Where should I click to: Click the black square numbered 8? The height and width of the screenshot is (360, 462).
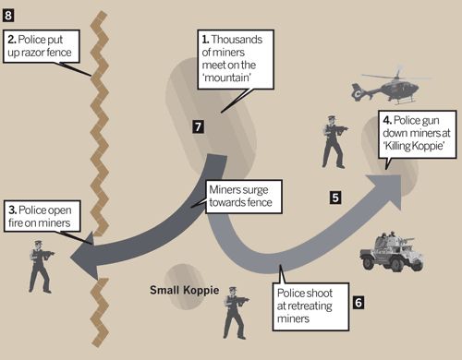point(8,15)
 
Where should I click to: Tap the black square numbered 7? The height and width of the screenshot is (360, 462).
point(199,126)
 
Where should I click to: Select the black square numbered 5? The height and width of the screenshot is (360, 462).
point(335,198)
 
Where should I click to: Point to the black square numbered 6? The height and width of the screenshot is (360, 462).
point(359,303)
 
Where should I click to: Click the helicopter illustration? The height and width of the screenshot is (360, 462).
point(389,87)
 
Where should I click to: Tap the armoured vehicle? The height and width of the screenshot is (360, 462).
point(392,251)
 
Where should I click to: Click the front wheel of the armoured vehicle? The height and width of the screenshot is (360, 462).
point(369,263)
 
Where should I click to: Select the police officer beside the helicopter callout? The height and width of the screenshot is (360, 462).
point(334,142)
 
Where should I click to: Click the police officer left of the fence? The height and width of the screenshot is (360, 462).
point(41,267)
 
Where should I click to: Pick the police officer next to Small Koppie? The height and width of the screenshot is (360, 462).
point(236,313)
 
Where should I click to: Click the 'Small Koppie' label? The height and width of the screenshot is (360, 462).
point(185,290)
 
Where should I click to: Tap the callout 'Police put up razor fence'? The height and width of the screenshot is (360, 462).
point(42,46)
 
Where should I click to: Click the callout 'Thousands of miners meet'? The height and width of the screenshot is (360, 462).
point(236,59)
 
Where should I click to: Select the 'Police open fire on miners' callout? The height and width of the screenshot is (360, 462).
point(43,216)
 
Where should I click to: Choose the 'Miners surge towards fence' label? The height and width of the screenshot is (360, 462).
point(244,197)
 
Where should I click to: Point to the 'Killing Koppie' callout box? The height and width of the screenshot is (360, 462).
point(418,135)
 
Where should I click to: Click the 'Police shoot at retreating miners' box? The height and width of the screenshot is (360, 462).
point(310,306)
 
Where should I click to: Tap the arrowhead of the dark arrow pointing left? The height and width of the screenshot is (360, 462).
point(82,256)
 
